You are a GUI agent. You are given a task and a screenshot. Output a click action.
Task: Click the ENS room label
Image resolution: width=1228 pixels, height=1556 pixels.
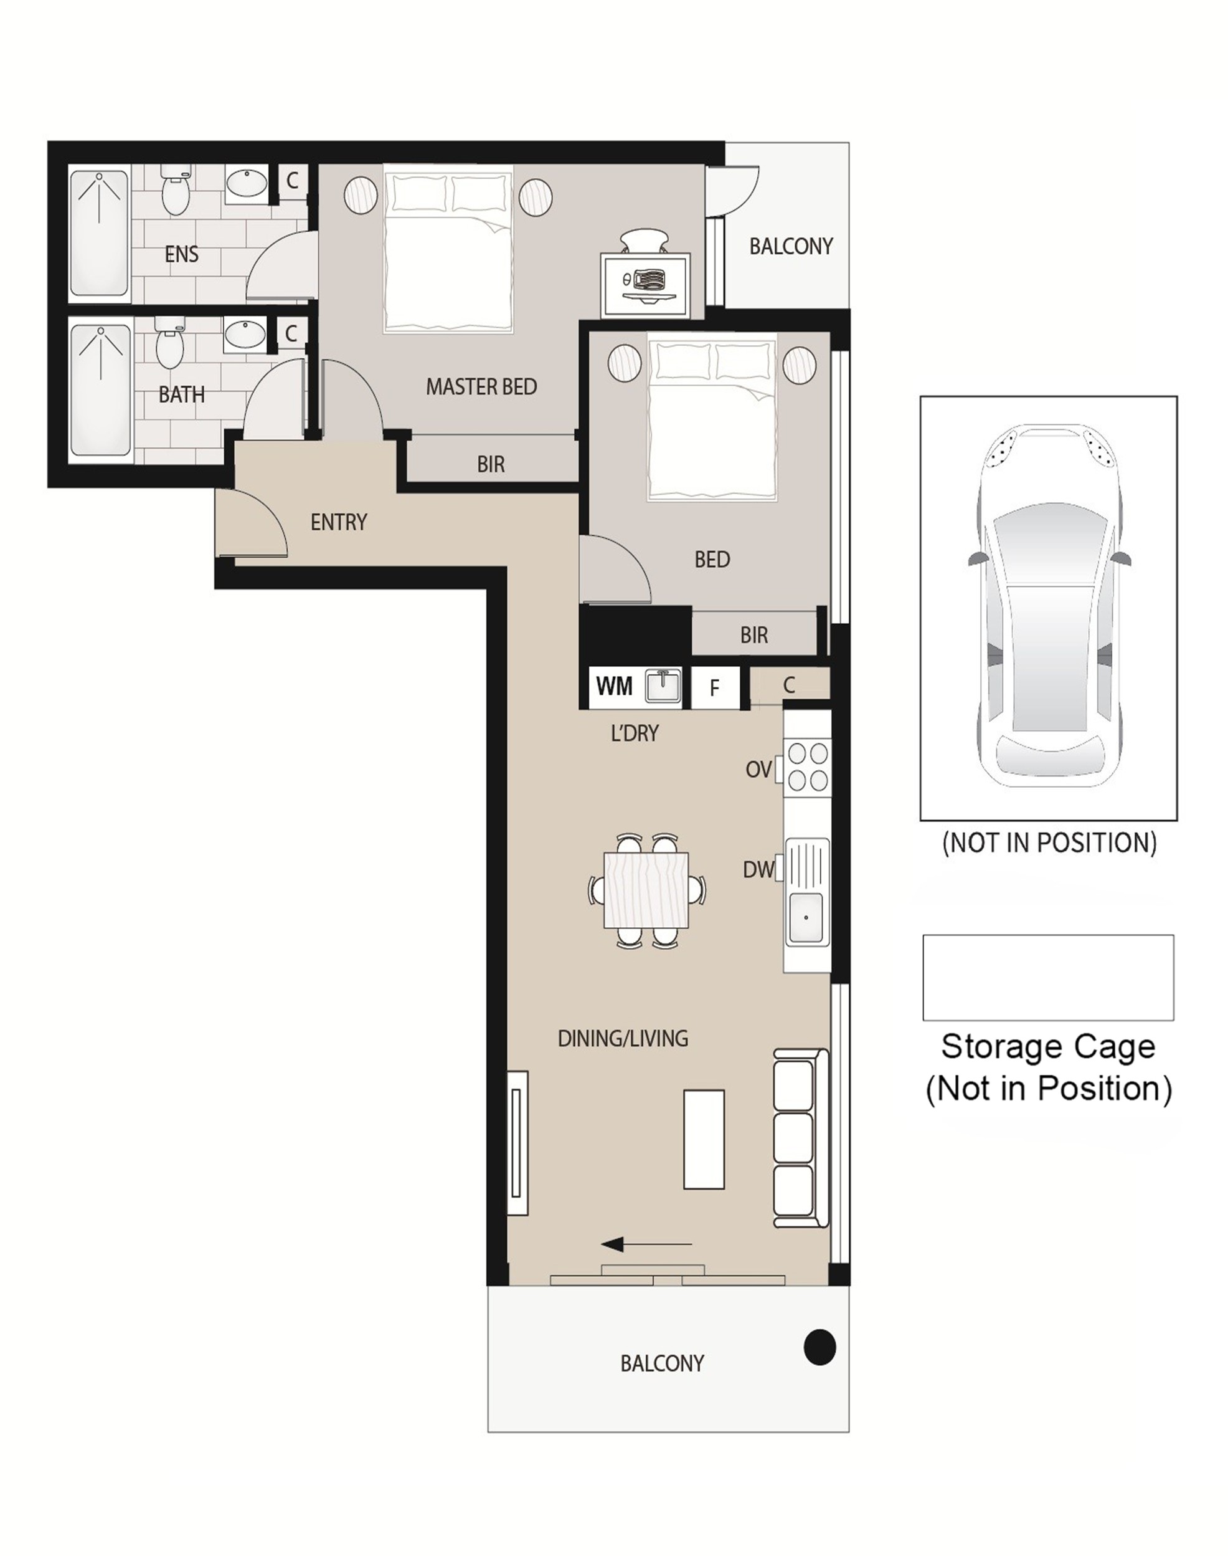tap(181, 254)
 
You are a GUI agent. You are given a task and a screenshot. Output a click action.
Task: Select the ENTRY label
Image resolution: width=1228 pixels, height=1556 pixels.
tap(339, 522)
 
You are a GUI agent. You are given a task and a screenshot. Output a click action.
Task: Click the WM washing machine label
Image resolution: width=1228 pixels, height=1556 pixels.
tap(614, 686)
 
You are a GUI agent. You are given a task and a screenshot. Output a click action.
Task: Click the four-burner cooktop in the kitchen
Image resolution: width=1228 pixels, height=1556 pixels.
tap(808, 767)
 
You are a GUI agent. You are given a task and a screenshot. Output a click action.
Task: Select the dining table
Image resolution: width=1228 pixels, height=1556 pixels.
tap(646, 890)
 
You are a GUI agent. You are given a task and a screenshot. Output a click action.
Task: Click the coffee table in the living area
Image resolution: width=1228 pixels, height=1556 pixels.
tap(704, 1140)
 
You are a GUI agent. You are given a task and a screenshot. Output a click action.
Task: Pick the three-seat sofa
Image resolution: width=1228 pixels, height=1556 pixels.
tap(800, 1138)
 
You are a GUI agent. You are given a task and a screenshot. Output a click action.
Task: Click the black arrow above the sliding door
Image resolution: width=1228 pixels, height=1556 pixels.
tap(646, 1244)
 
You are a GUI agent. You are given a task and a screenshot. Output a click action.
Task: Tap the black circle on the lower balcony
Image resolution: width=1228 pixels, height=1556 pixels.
tap(819, 1347)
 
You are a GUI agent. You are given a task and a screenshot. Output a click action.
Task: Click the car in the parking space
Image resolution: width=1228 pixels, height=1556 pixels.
tap(1048, 606)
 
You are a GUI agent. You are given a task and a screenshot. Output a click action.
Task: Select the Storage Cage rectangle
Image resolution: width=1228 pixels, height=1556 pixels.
tap(1048, 978)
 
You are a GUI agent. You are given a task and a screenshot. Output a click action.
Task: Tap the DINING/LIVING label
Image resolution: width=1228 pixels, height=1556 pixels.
tap(623, 1038)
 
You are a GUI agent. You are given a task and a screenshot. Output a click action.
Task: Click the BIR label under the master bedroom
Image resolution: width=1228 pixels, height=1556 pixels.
tap(491, 465)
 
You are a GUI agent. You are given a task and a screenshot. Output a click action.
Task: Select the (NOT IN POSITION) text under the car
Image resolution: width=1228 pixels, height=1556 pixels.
tap(1049, 842)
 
